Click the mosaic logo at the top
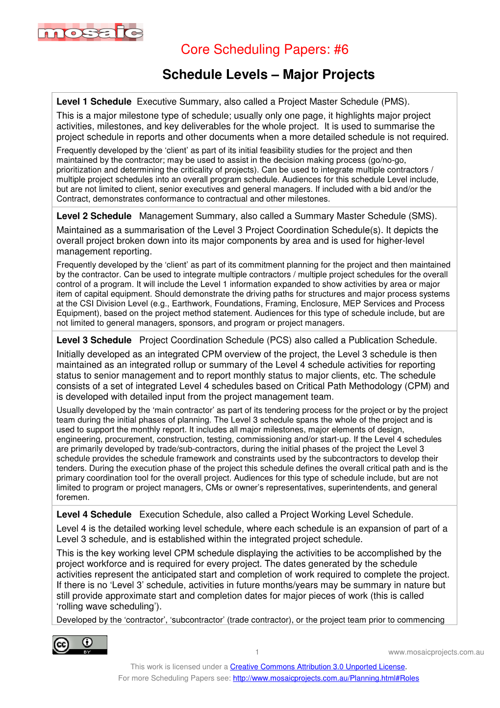pos(91,32)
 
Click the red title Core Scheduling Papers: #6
pos(265,50)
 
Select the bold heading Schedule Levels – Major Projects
pos(268,75)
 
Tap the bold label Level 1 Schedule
pos(94,102)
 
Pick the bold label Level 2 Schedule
pos(94,216)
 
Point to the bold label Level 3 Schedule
pos(94,340)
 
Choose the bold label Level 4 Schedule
pos(94,514)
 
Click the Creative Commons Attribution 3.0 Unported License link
pos(317,667)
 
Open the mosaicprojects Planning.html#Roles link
pos(326,678)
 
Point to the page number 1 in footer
pos(257,652)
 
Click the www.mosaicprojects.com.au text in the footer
pos(436,652)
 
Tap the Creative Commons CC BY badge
pos(80,645)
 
